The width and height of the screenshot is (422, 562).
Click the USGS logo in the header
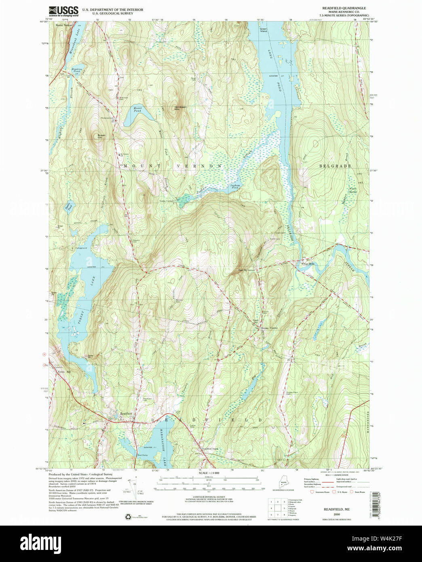point(63,11)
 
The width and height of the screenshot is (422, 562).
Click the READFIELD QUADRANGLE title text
point(338,8)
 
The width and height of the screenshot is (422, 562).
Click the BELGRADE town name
point(335,166)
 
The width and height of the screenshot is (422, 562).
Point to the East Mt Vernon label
point(246,270)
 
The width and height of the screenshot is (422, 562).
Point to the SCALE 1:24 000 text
point(209,473)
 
